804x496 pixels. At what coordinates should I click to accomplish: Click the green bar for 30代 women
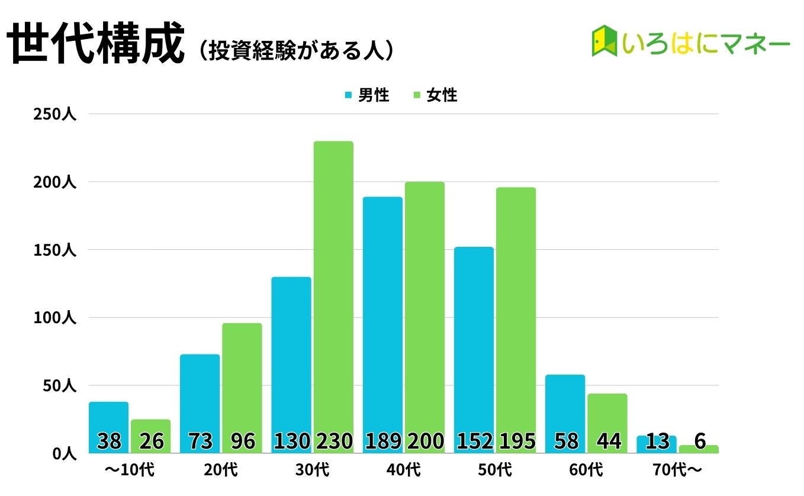point(333,284)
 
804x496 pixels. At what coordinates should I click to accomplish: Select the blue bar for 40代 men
point(382,314)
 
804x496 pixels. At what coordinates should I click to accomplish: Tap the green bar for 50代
point(516,308)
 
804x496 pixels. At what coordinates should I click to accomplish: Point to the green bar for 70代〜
point(699,449)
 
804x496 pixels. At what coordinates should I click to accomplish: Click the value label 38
point(109,441)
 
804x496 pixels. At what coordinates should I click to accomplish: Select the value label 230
point(333,441)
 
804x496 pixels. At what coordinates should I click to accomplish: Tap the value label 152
point(474,441)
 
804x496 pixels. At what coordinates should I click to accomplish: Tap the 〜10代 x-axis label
point(129,471)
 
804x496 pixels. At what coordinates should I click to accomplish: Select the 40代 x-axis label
point(404,471)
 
